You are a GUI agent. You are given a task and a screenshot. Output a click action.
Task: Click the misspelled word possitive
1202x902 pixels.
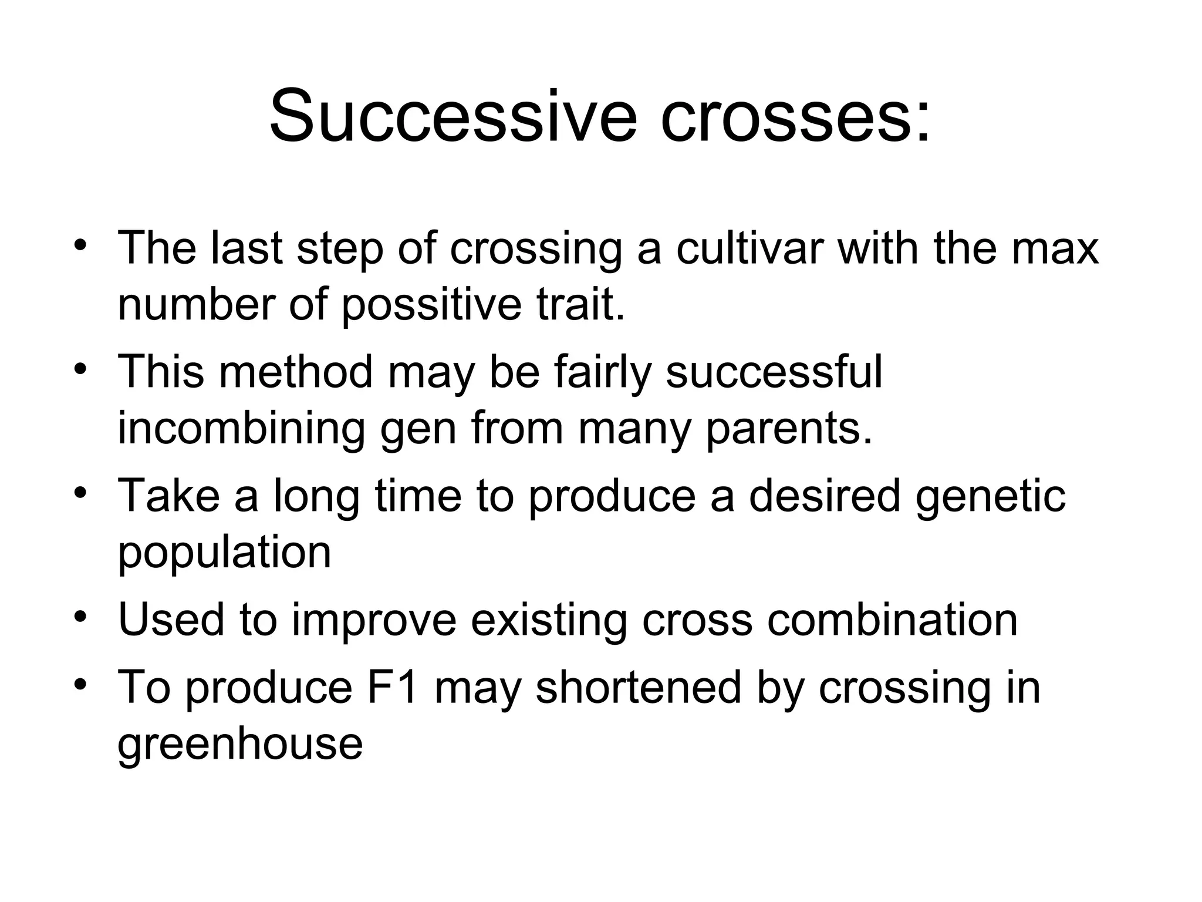coord(431,306)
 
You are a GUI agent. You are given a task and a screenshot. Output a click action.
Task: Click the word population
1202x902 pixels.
coord(224,554)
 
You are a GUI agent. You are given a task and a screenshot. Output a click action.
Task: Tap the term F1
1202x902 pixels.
coord(393,686)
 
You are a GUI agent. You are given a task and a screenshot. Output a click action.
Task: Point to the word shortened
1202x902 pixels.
coord(639,686)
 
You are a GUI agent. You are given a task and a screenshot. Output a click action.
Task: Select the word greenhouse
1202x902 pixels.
coord(240,745)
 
